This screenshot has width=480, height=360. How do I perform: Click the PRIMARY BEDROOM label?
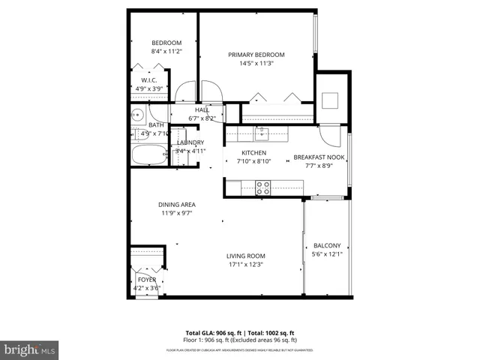pyautogui.click(x=256, y=54)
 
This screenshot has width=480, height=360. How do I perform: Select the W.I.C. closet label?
pyautogui.click(x=148, y=80)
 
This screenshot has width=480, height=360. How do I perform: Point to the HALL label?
pyautogui.click(x=202, y=110)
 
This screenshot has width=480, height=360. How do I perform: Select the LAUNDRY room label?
pyautogui.click(x=190, y=142)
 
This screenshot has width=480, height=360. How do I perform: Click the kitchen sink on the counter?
pyautogui.click(x=261, y=134)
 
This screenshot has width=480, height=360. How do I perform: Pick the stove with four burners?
pyautogui.click(x=263, y=187)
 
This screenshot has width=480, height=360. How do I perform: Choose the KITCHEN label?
pyautogui.click(x=253, y=152)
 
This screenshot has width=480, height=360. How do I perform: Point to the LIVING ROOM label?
pyautogui.click(x=246, y=256)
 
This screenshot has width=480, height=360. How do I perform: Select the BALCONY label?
pyautogui.click(x=327, y=245)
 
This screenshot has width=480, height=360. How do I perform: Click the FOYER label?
pyautogui.click(x=147, y=279)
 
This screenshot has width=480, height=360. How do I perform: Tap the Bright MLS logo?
pyautogui.click(x=30, y=349)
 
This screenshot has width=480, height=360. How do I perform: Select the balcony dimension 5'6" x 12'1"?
pyautogui.click(x=327, y=254)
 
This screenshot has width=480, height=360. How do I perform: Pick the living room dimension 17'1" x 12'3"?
pyautogui.click(x=246, y=264)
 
